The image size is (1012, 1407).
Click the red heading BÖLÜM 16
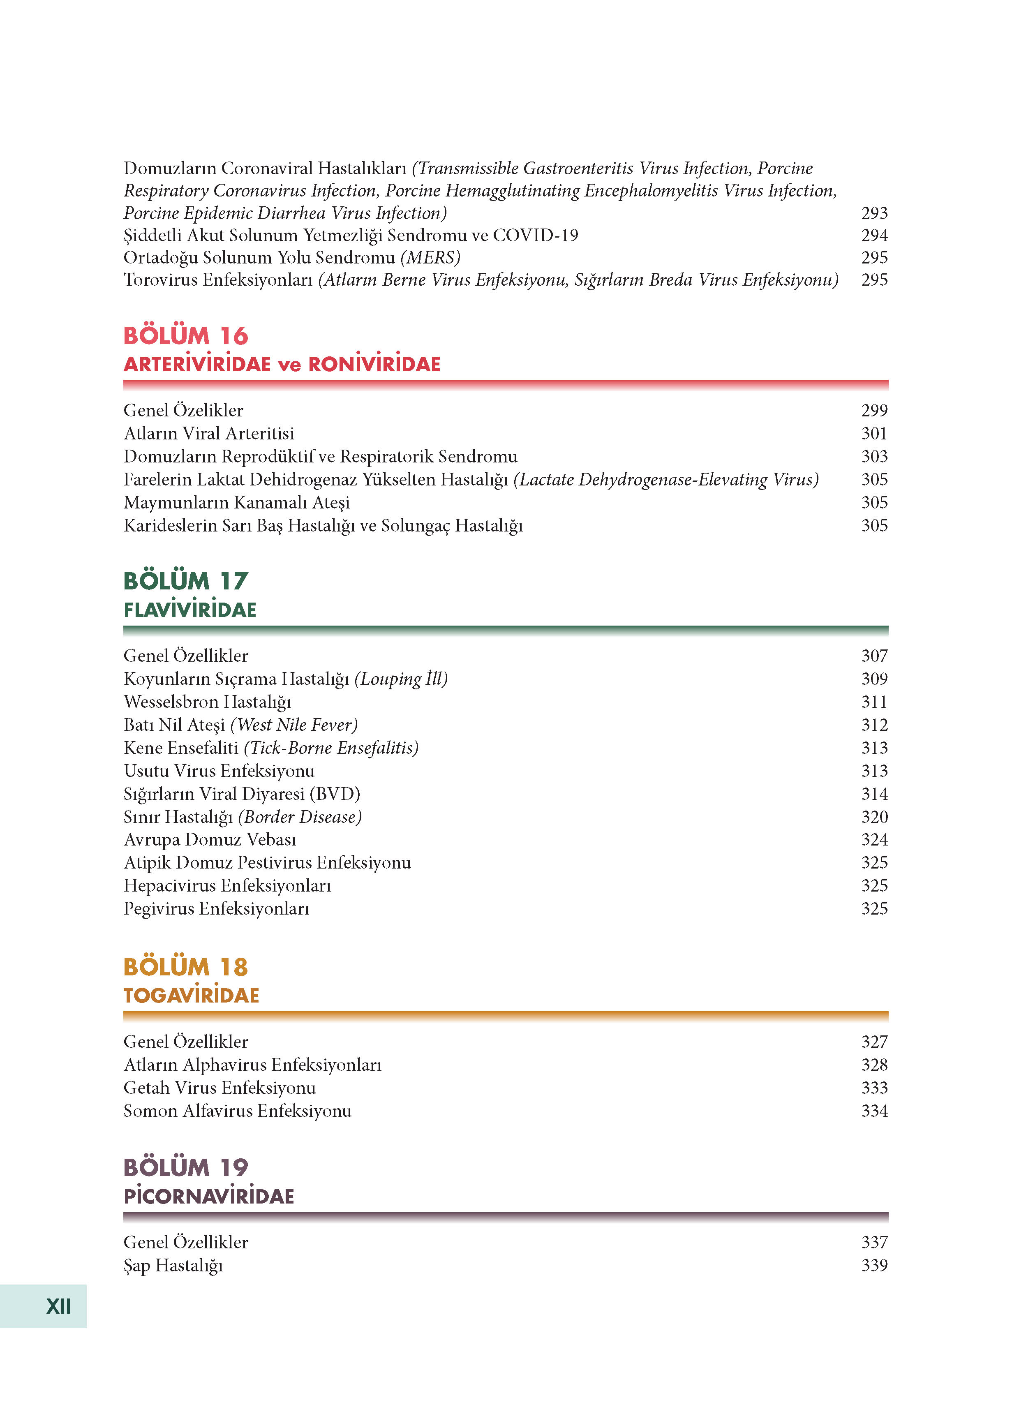185,336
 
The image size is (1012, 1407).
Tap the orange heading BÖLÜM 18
185,966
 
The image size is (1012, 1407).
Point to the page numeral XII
58,1306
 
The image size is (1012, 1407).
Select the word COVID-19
536,235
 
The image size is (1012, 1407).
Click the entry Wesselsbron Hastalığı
207,702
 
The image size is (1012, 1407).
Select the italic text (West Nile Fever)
293,725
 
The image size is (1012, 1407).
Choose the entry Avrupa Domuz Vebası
210,839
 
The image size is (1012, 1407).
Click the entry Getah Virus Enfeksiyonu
219,1088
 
